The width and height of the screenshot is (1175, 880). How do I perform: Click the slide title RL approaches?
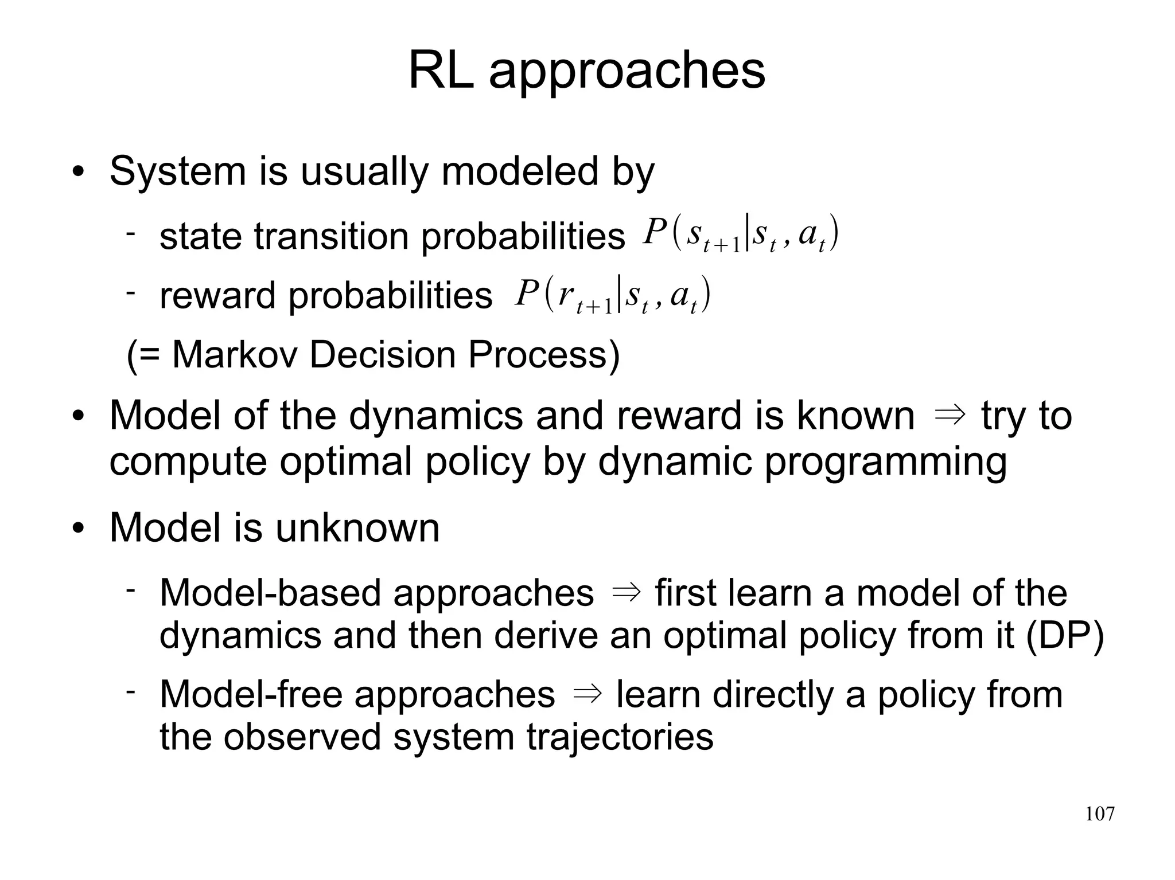click(x=586, y=71)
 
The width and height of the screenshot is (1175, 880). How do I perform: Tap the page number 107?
click(x=1099, y=814)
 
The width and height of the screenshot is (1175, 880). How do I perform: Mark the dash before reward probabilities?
click(x=131, y=292)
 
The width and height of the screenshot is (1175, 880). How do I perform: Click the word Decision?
click(x=383, y=354)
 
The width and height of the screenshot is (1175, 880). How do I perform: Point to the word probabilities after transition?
click(x=523, y=236)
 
